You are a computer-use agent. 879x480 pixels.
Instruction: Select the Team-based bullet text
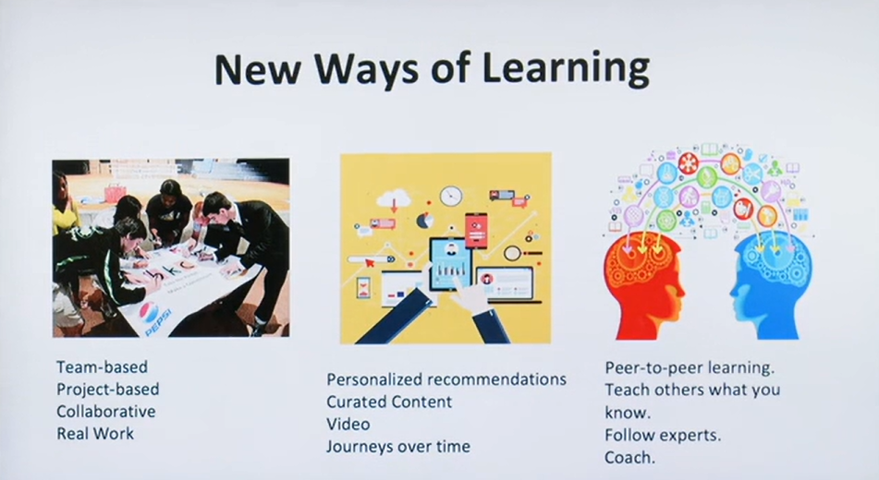[x=102, y=366]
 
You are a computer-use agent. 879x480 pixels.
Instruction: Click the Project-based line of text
[x=107, y=390]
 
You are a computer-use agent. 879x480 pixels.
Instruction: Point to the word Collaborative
[x=106, y=411]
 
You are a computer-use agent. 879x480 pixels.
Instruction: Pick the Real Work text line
[x=95, y=434]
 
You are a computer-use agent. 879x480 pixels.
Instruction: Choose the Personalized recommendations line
[x=446, y=379]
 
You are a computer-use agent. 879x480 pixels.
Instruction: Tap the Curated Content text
[x=389, y=402]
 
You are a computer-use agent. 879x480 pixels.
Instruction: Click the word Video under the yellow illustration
[x=348, y=424]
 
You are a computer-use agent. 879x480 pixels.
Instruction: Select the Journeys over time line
[x=398, y=447]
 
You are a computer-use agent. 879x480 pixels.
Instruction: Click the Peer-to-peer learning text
[x=690, y=368]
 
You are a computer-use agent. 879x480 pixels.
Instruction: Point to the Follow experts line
[x=663, y=435]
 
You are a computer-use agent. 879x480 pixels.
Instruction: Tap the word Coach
[x=629, y=457]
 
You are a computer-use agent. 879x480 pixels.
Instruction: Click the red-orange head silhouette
[x=643, y=280]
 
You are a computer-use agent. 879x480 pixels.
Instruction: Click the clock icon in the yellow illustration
[x=451, y=196]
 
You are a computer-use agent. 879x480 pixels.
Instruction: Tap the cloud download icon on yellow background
[x=394, y=199]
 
